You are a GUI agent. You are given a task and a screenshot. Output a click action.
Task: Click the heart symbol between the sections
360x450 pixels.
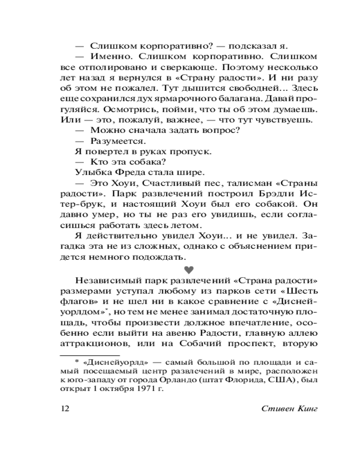pyautogui.click(x=189, y=270)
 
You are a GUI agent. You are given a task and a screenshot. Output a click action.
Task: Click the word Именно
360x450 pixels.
pyautogui.click(x=108, y=57)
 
